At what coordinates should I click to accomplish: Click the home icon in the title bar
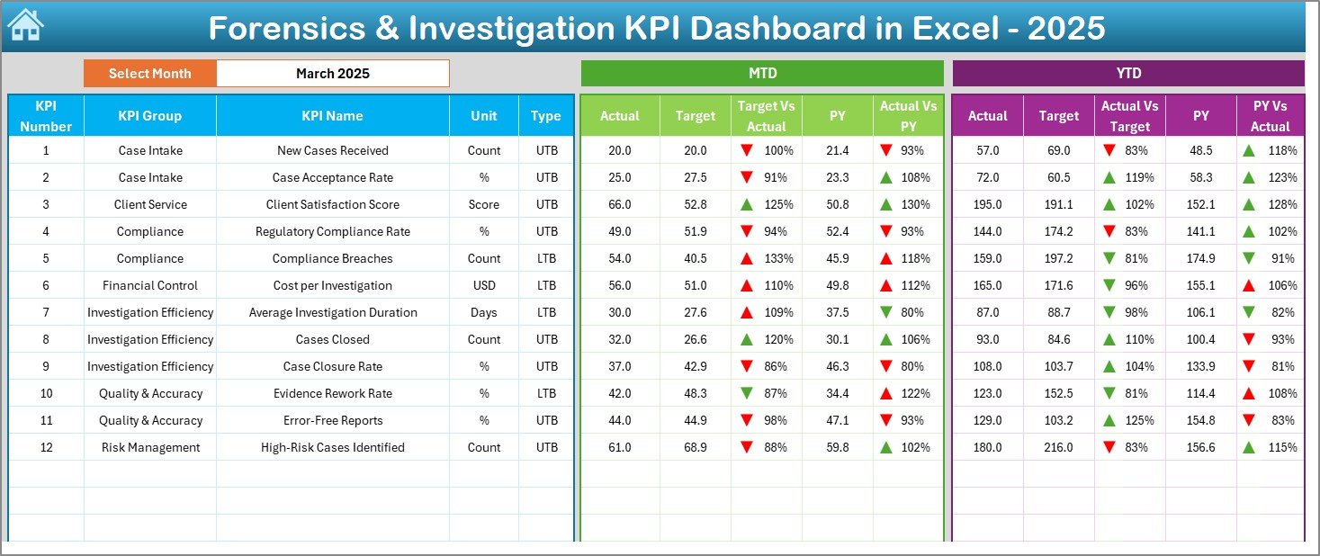[x=25, y=26]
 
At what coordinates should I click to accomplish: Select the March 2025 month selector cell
[x=333, y=74]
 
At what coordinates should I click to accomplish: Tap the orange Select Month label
[x=149, y=74]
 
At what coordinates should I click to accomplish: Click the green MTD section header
[x=762, y=73]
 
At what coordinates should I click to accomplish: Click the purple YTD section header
[x=1127, y=73]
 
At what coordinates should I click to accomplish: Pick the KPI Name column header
[x=332, y=115]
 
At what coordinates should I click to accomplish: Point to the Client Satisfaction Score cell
[x=332, y=204]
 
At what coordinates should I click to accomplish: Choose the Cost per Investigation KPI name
[x=332, y=285]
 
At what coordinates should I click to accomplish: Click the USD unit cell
[x=484, y=285]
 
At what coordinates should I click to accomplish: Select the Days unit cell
[x=484, y=312]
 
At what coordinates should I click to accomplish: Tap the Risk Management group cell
[x=149, y=447]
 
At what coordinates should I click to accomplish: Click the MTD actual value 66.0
[x=620, y=204]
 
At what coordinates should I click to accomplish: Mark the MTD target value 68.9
[x=695, y=447]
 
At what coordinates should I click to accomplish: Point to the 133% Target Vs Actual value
[x=778, y=258]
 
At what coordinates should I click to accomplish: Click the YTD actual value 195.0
[x=987, y=204]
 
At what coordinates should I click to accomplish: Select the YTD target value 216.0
[x=1058, y=447]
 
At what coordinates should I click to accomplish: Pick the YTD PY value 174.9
[x=1200, y=258]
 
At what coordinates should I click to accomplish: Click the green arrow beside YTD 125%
[x=1110, y=420]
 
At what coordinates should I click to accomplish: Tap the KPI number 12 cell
[x=46, y=447]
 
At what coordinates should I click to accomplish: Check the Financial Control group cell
[x=149, y=285]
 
